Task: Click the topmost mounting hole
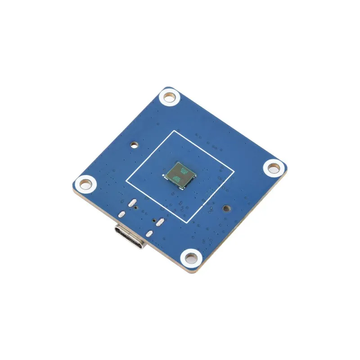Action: (170, 97)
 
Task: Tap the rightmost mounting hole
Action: (274, 168)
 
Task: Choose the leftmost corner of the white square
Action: (126, 182)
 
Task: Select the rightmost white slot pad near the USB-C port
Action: (160, 221)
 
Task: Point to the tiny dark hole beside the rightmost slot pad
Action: (154, 220)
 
